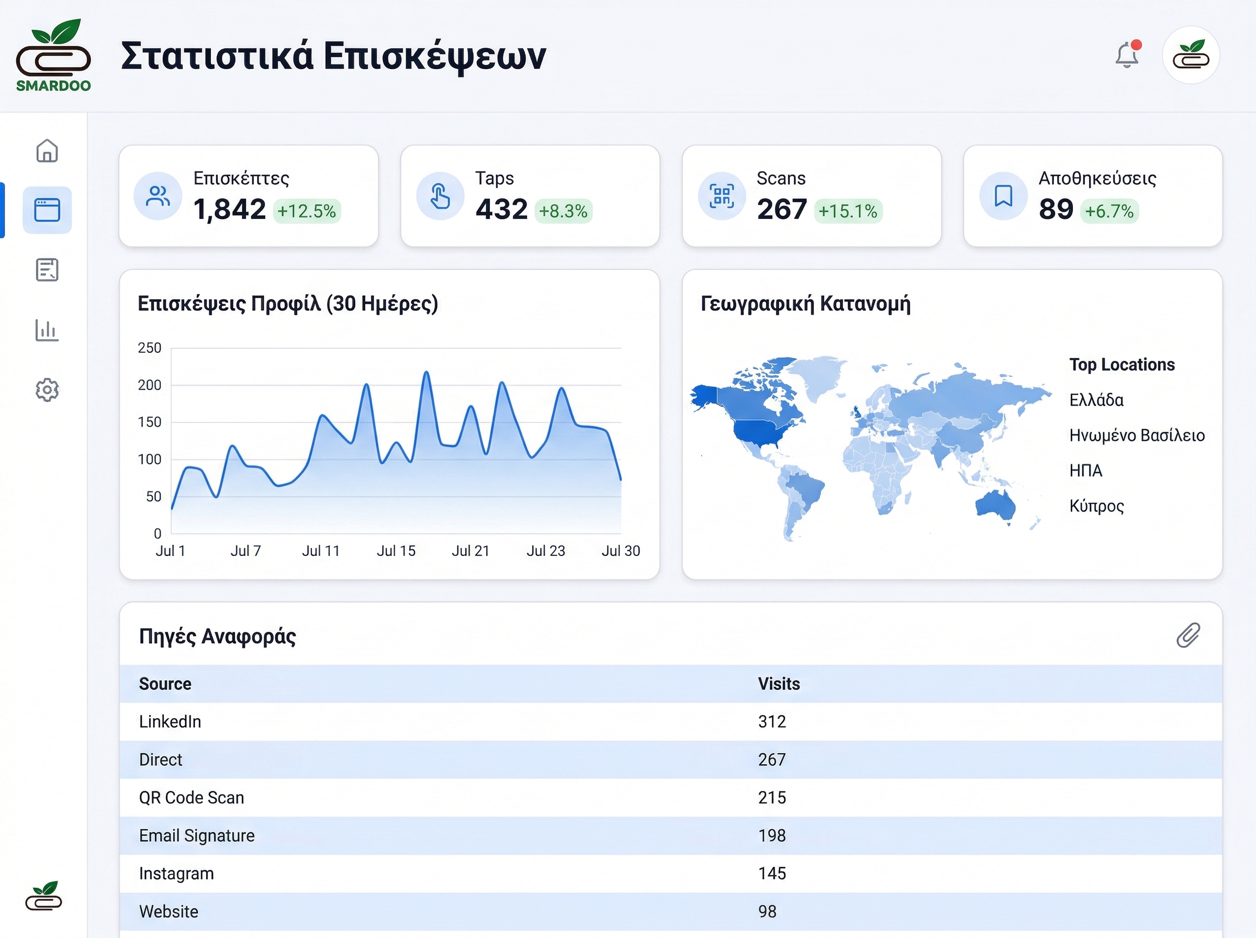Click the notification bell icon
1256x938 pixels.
1127,55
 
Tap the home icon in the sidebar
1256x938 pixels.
47,151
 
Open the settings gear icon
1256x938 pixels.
47,390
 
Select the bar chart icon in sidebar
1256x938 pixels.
47,330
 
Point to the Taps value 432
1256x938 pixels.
501,209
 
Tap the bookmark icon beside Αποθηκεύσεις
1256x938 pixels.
1003,196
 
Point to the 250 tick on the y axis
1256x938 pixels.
150,348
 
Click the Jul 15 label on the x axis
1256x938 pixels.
396,551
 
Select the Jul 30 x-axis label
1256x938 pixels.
620,551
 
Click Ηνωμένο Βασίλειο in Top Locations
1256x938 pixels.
1137,435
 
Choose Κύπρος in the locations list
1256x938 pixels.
1096,506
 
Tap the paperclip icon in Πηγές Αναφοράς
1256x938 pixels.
1188,635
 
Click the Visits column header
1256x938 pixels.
779,684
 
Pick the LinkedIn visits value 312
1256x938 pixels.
772,722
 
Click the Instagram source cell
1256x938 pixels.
176,873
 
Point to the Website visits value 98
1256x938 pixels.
767,911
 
